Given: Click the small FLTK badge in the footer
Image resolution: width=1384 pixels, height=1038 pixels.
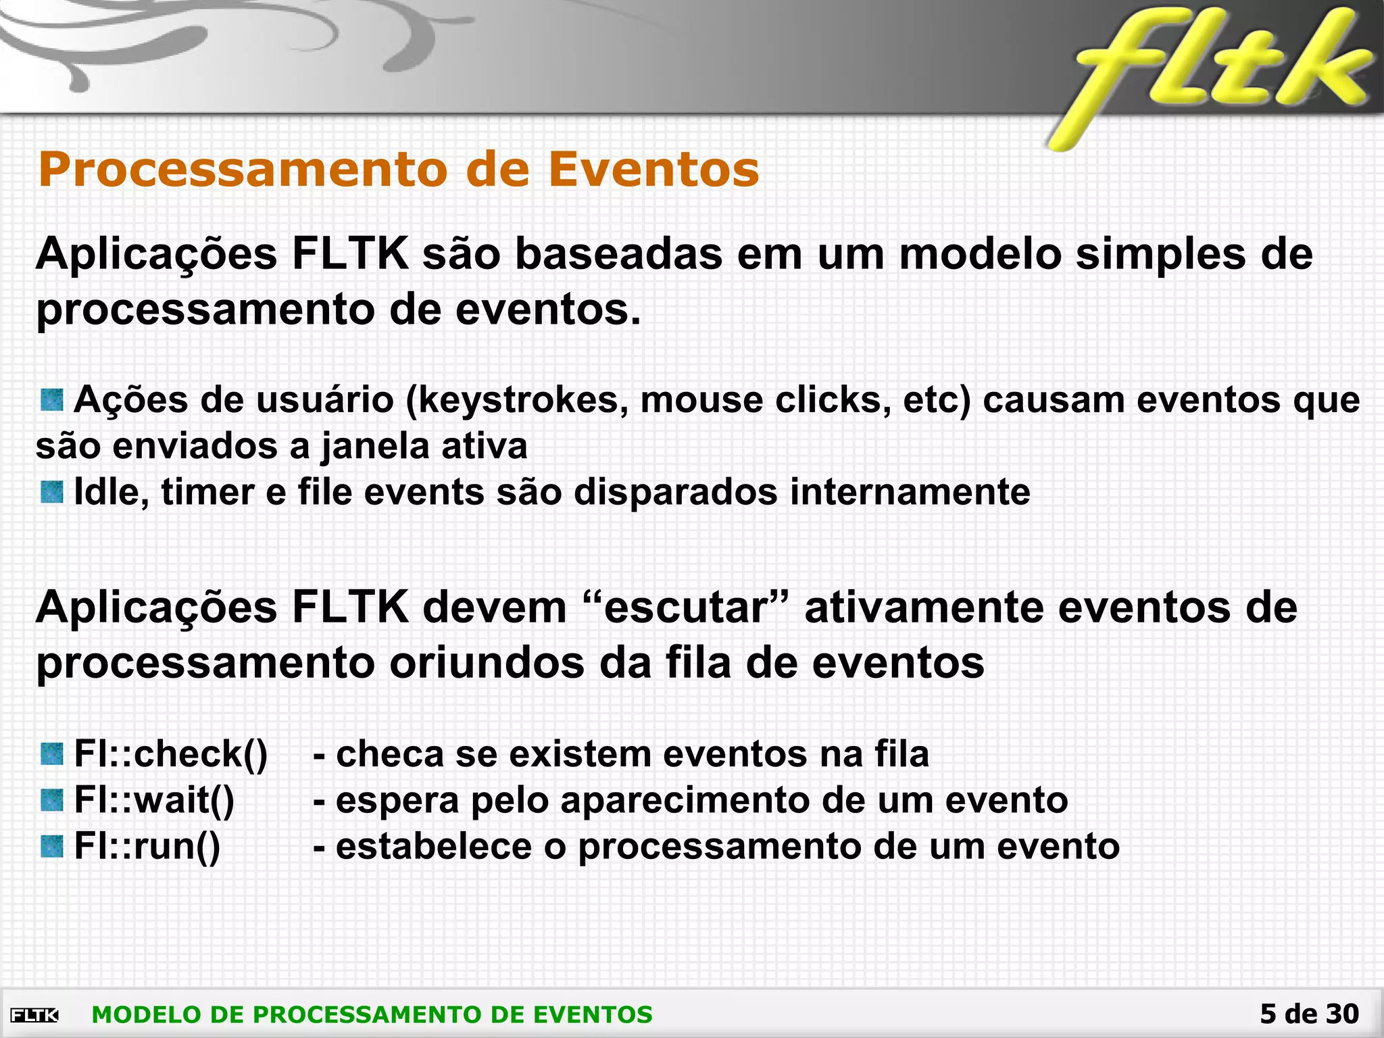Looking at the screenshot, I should [34, 1014].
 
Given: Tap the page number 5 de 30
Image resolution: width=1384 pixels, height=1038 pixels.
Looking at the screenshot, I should [1309, 1014].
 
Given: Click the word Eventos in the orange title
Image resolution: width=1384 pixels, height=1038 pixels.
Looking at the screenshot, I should [653, 169].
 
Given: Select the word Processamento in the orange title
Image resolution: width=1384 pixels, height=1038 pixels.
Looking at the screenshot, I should [244, 169].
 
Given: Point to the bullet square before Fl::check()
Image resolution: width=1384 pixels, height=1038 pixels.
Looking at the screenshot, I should [52, 753].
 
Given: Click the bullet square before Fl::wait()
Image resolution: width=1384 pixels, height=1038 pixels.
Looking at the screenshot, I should [52, 800].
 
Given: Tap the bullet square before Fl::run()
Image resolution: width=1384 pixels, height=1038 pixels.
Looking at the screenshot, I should [52, 846].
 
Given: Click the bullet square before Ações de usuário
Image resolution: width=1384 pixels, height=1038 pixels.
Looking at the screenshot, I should [52, 399].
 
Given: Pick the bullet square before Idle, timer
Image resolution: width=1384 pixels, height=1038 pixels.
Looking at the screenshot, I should [52, 491].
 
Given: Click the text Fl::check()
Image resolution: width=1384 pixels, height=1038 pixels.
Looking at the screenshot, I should [170, 753].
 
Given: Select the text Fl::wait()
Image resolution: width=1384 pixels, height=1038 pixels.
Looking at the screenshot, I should [154, 800].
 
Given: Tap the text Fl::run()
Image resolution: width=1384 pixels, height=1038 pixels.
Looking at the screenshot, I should [147, 846].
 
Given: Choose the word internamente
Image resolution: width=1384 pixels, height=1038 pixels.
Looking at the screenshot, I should [910, 491].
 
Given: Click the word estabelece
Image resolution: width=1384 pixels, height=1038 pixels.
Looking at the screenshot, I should [434, 846].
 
